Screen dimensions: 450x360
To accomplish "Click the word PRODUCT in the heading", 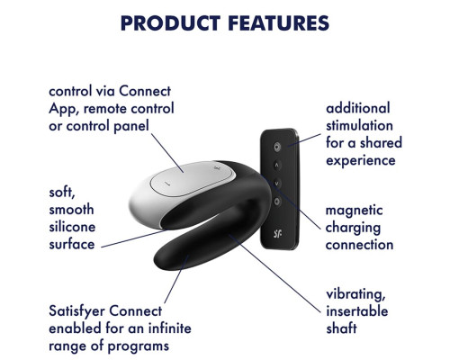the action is click(x=170, y=23).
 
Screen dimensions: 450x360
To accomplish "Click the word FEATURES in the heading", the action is click(x=278, y=23).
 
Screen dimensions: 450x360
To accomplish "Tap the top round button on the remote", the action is click(x=277, y=147).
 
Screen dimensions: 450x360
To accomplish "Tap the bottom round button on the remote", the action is click(x=277, y=202).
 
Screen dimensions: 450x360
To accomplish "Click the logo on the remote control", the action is click(x=277, y=233).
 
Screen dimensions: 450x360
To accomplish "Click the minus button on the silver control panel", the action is click(x=168, y=184).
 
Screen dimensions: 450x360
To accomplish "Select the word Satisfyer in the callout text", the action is click(x=77, y=311).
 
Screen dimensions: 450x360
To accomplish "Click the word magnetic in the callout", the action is click(x=354, y=211).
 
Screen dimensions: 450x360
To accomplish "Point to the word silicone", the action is click(x=72, y=227).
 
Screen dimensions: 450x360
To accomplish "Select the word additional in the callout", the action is click(x=358, y=108).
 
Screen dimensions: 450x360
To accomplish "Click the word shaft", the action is click(x=341, y=328).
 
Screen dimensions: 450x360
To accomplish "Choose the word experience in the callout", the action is click(x=361, y=161).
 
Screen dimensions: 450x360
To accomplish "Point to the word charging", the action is click(x=353, y=228).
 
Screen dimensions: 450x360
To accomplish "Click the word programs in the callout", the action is click(x=139, y=346).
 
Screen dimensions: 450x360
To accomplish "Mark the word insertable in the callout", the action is click(x=357, y=311).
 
